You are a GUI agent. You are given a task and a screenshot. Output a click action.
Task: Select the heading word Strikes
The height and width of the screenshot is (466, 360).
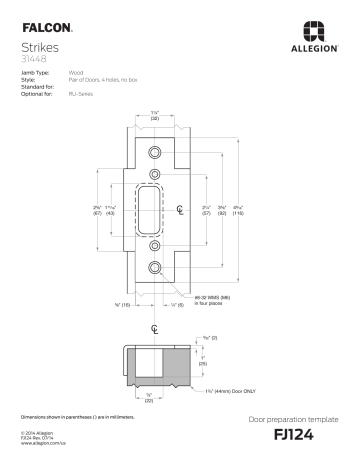coord(40,46)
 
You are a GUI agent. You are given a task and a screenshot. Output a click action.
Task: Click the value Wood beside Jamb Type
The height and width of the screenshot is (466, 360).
coord(75,73)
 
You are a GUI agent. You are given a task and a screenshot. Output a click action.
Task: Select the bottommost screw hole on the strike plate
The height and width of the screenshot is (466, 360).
coord(154,268)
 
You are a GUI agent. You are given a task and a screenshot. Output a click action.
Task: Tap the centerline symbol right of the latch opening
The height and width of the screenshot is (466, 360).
coord(180,210)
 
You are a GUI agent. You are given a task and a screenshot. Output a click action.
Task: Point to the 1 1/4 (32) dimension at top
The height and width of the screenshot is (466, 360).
coord(155,115)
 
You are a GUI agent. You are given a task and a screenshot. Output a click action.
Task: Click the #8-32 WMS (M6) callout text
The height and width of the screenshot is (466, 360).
coord(209,295)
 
